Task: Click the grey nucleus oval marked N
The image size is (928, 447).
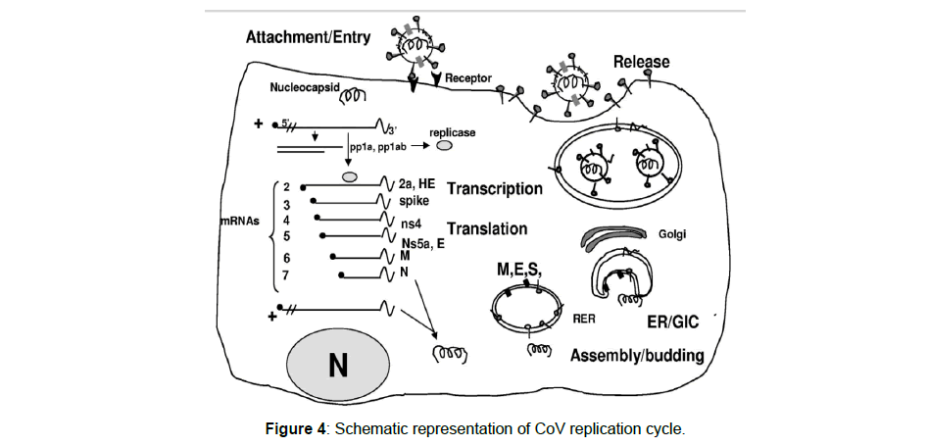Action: [337, 365]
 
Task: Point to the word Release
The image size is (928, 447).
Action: [641, 62]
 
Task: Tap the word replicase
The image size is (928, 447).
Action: [452, 128]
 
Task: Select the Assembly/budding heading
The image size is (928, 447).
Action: [636, 354]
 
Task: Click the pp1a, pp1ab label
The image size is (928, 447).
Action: [375, 144]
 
